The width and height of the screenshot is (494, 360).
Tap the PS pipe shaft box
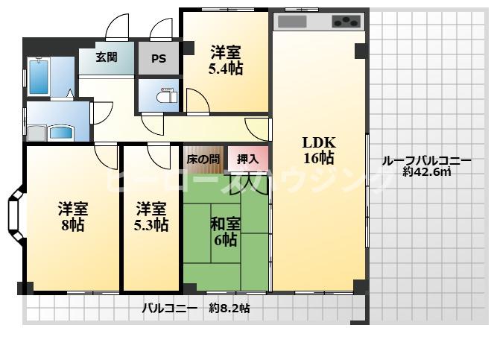[159, 58]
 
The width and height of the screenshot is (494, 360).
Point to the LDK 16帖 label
[318, 150]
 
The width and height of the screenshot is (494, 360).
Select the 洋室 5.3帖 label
[152, 215]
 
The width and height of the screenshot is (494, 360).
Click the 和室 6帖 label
[225, 231]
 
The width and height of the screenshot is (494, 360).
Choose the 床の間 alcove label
[203, 159]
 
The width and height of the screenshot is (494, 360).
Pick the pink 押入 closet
[247, 159]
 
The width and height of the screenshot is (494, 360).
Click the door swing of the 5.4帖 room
[197, 101]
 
